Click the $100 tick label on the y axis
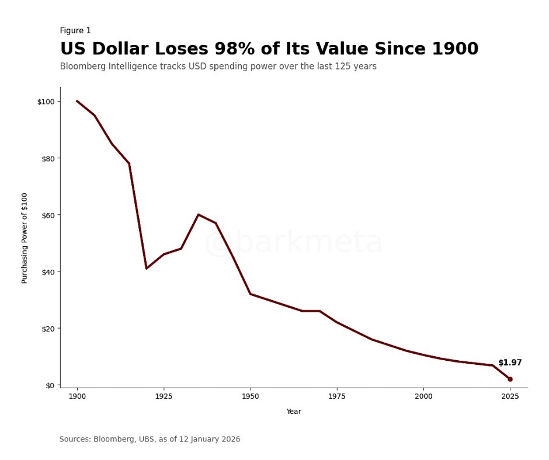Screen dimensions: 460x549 click(x=46, y=102)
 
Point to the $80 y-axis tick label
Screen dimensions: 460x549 click(x=47, y=158)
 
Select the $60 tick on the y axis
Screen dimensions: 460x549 click(x=47, y=215)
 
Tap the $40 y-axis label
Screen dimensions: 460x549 click(x=47, y=271)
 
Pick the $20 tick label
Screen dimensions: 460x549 click(x=47, y=328)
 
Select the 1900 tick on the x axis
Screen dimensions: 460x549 click(x=77, y=396)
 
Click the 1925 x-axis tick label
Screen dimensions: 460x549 click(x=164, y=396)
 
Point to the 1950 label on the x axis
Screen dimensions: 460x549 click(x=250, y=396)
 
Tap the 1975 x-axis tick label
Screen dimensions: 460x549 click(x=337, y=396)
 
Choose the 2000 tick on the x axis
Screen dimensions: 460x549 click(x=423, y=396)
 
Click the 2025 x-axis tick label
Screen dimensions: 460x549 click(x=510, y=396)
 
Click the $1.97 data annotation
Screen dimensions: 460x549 click(x=510, y=363)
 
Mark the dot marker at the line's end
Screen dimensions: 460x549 click(x=510, y=379)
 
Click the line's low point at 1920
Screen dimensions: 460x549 click(x=146, y=269)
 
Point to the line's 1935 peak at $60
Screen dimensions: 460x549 click(x=198, y=214)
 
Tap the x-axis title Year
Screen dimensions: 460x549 click(x=294, y=412)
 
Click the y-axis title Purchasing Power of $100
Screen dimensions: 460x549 click(x=25, y=238)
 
